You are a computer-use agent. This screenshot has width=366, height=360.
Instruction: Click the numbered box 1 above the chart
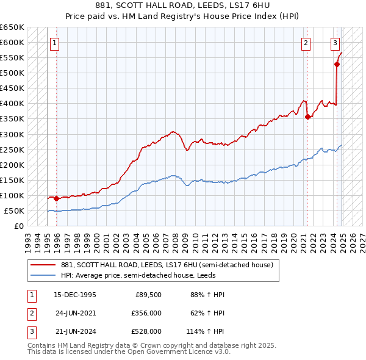55,43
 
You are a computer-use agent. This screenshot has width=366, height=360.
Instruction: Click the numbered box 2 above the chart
305,43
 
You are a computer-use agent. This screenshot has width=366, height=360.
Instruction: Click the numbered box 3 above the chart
335,43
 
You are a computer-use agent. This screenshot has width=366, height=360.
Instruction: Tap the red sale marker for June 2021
307,117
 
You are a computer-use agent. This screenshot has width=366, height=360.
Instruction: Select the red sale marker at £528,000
337,63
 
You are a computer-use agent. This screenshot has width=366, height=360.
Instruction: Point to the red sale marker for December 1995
57,198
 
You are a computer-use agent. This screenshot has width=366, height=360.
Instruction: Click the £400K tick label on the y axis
12,104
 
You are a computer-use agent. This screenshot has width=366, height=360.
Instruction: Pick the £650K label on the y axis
12,27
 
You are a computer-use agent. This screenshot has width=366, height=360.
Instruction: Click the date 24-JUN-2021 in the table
75,313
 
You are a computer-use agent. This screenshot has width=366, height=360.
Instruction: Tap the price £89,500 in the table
148,295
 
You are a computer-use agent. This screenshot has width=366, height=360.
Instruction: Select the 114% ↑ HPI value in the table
206,331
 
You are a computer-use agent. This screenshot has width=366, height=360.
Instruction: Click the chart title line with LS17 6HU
182,5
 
